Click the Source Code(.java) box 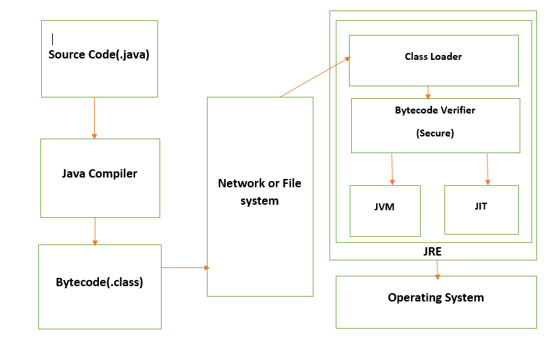pyautogui.click(x=100, y=58)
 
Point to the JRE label pyautogui.click(x=432, y=251)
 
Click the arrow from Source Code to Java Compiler pyautogui.click(x=94, y=118)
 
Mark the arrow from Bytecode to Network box pyautogui.click(x=185, y=267)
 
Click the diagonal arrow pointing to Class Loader pyautogui.click(x=314, y=78)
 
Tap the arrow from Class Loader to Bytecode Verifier pyautogui.click(x=428, y=92)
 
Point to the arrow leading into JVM pyautogui.click(x=393, y=169)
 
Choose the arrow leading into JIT pyautogui.click(x=488, y=169)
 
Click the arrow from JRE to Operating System pyautogui.click(x=437, y=269)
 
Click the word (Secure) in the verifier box pyautogui.click(x=435, y=133)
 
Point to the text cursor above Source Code pyautogui.click(x=53, y=39)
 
